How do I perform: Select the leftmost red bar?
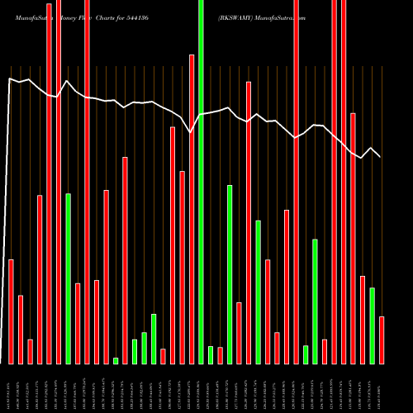(x=11, y=311)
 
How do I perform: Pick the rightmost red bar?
(x=382, y=339)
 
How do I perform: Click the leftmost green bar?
(x=68, y=278)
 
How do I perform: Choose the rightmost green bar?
(x=373, y=325)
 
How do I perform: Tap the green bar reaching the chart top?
(x=201, y=182)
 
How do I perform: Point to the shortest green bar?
(x=116, y=360)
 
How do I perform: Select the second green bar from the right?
(x=315, y=301)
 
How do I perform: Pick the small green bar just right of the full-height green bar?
(x=211, y=354)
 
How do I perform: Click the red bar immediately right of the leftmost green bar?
(x=78, y=323)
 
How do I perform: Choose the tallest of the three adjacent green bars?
(x=154, y=339)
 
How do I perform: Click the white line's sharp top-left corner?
(x=10, y=78)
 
